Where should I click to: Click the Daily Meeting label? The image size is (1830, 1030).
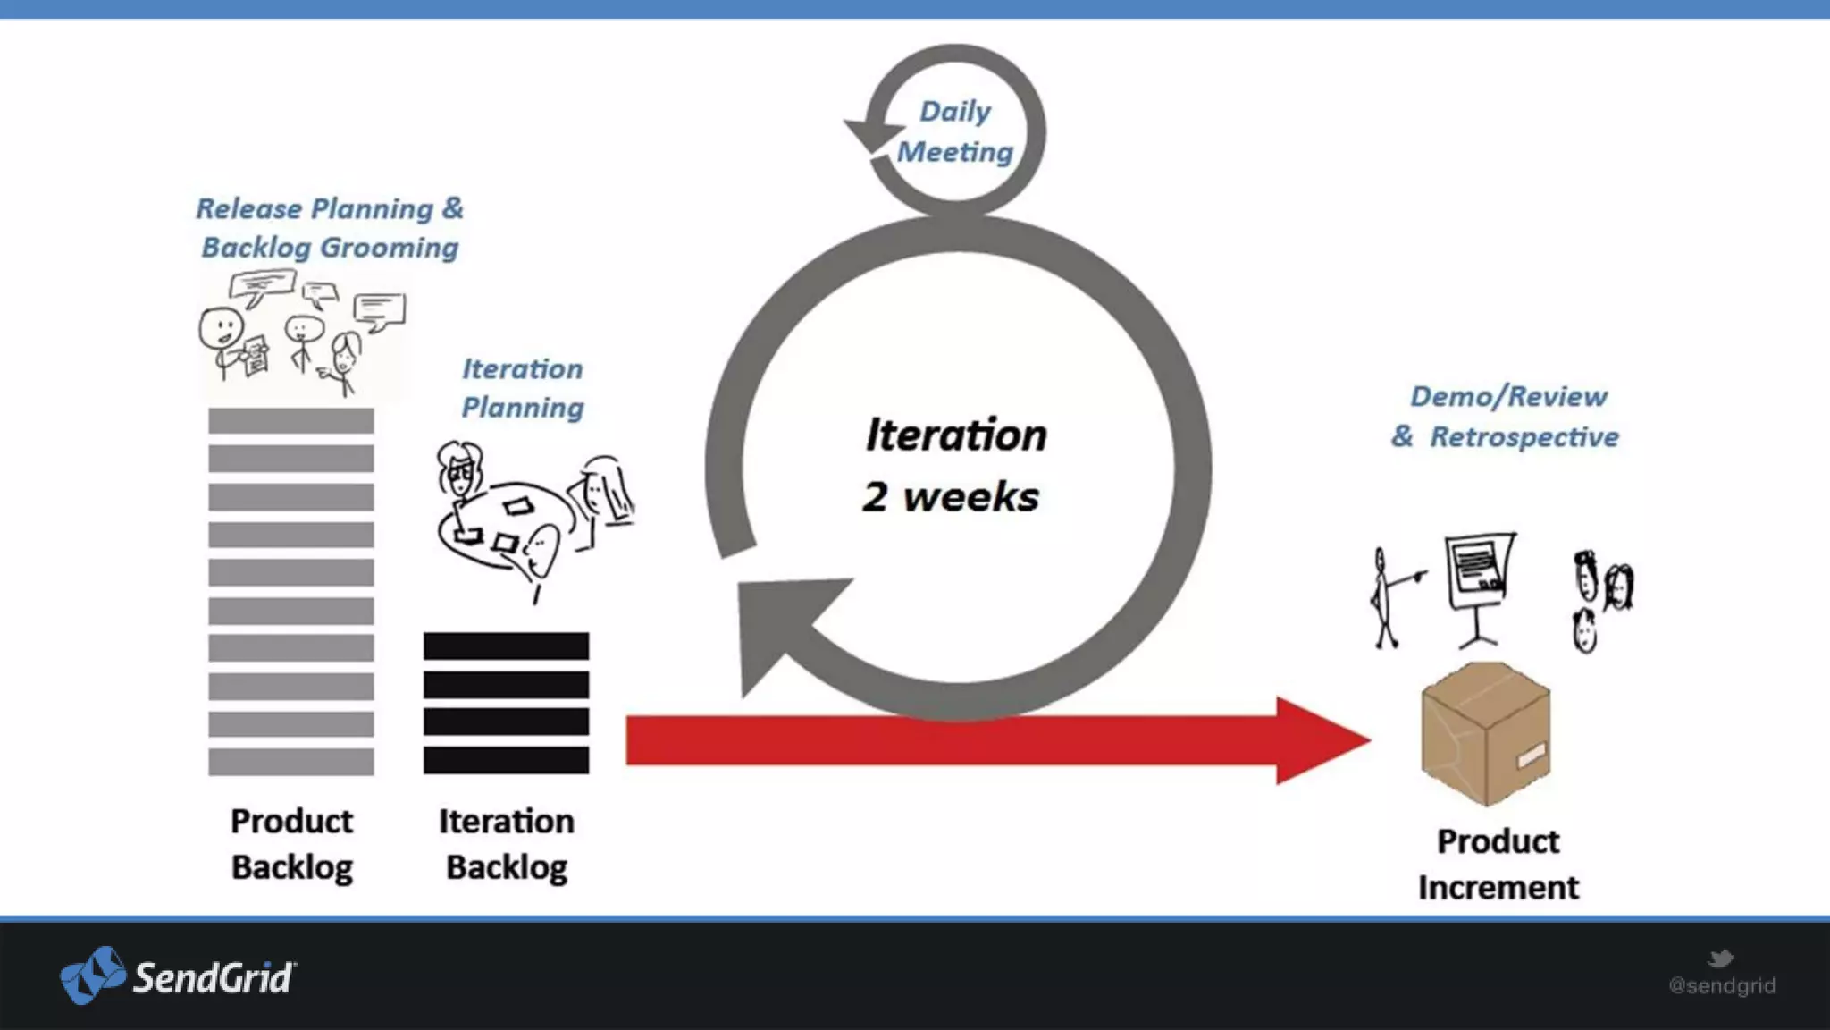(x=955, y=131)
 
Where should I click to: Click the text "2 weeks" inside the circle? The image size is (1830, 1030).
(x=951, y=497)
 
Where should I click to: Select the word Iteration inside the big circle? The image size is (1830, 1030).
(x=956, y=435)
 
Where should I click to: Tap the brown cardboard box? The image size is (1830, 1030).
(x=1485, y=732)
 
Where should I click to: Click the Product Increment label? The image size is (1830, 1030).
(x=1498, y=864)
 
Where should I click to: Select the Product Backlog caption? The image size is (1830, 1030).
(x=291, y=843)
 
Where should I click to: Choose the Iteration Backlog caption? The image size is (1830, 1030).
(x=506, y=843)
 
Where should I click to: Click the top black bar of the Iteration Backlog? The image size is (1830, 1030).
(x=506, y=646)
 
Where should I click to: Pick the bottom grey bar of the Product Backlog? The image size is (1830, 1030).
(x=291, y=762)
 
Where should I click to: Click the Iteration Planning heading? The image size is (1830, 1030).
(x=523, y=388)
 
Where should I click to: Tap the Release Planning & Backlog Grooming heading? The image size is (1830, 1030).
(x=330, y=228)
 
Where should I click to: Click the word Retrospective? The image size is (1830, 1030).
(x=1524, y=437)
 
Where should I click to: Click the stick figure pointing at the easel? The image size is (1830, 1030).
(x=1385, y=597)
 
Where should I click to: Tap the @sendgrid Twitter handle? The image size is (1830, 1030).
(x=1722, y=985)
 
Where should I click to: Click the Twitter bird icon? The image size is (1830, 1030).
(x=1720, y=958)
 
